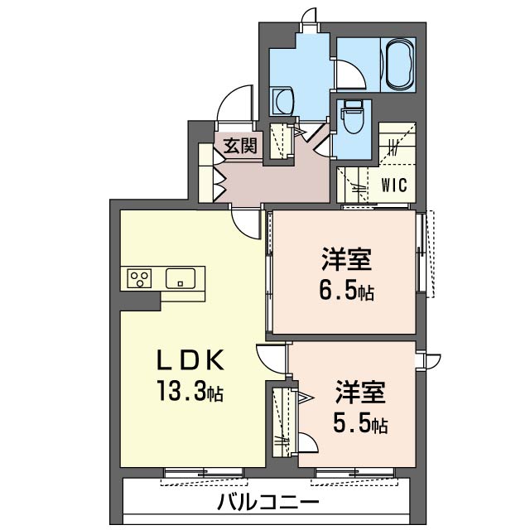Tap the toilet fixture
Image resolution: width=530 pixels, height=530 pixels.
coord(351,117)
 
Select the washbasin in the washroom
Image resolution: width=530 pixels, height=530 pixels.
coord(283,100)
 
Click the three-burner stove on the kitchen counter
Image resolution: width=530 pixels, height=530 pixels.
coord(139,278)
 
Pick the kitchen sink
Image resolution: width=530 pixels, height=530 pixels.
coord(181,278)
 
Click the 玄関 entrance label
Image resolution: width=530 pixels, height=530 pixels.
coord(240,147)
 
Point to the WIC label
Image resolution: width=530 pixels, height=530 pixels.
coord(394,185)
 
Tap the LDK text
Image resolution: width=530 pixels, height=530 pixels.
coord(190,360)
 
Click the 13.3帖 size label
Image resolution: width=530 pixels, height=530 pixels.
coord(190,390)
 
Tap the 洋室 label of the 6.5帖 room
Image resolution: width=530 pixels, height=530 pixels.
coord(347,259)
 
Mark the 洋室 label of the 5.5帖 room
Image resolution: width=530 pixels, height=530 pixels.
coord(361,392)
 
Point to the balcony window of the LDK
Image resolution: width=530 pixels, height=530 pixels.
coord(204,473)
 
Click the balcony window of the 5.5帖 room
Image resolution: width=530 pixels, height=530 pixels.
coord(354,473)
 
